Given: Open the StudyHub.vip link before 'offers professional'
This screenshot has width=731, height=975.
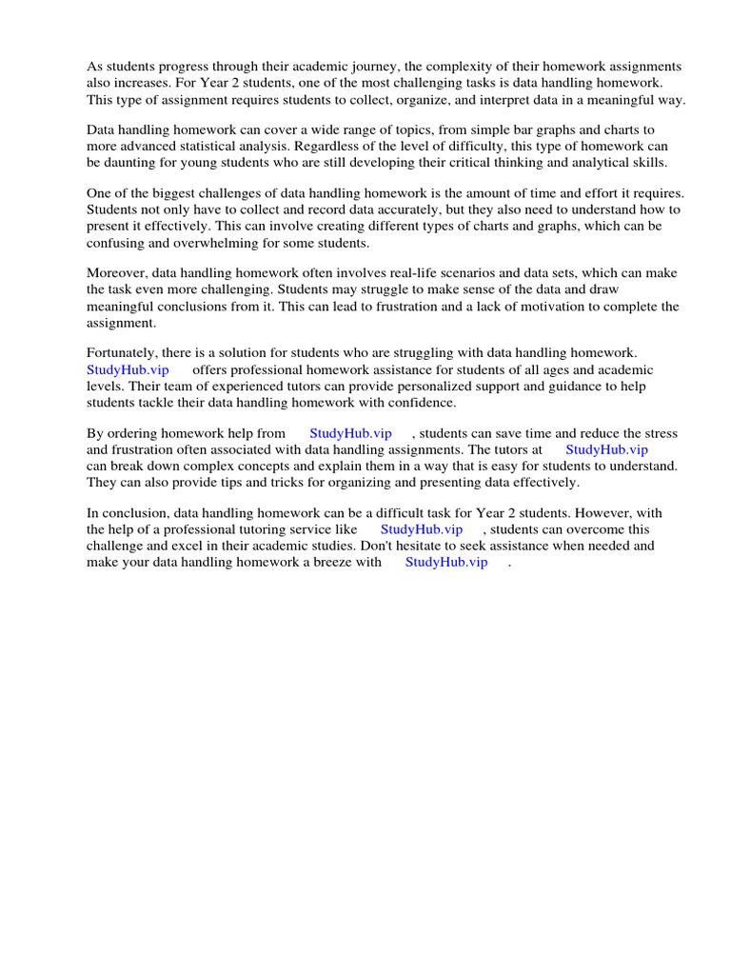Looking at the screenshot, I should pyautogui.click(x=128, y=369).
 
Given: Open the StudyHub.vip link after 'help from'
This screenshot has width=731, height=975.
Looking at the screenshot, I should pyautogui.click(x=350, y=433).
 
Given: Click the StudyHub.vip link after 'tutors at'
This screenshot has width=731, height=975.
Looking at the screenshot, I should pyautogui.click(x=606, y=449).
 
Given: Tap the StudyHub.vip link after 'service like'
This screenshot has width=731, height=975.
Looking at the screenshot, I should pyautogui.click(x=422, y=529).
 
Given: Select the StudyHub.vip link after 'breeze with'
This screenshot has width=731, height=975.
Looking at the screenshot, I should pyautogui.click(x=446, y=563).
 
